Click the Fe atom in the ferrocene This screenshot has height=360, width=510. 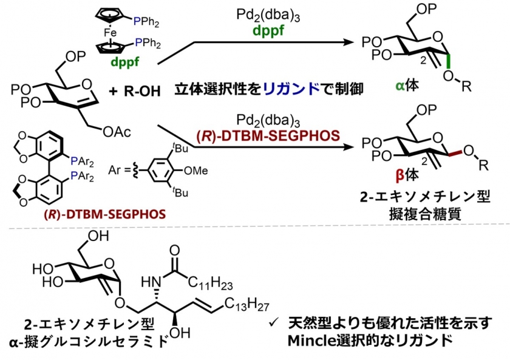pos(110,33)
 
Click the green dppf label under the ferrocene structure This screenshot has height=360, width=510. pos(125,61)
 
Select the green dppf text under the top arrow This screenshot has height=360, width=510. pos(268,30)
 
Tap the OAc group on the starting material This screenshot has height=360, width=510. pos(117,132)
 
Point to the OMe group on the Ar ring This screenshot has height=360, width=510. pos(195,171)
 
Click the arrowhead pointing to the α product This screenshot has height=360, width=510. pos(349,42)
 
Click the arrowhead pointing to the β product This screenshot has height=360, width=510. pos(349,147)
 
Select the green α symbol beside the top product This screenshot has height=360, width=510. pos(400,86)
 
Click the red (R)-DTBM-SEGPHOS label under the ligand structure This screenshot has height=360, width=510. pos(104,214)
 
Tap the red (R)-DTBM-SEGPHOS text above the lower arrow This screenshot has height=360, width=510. pos(268,135)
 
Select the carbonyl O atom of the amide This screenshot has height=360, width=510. pos(175,250)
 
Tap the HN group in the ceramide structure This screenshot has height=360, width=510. pos(152,282)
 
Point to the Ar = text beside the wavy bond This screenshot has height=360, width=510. pos(119,170)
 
